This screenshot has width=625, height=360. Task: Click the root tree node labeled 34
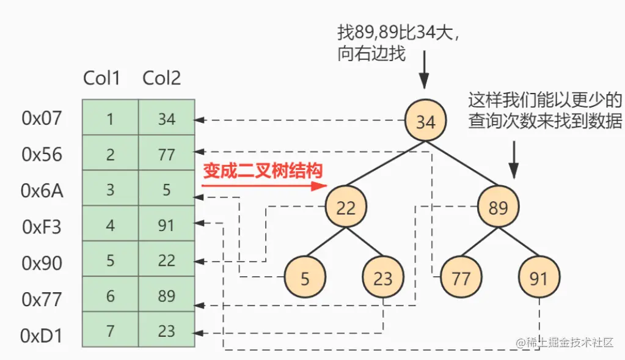click(425, 121)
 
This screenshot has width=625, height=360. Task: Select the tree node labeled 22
click(345, 207)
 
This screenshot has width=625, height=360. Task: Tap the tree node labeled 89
click(498, 207)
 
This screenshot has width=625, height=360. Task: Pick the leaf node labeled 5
click(305, 278)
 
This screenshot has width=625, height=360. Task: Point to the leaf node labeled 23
click(382, 278)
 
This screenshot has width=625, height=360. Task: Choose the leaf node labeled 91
click(538, 278)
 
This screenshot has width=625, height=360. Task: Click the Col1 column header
click(101, 78)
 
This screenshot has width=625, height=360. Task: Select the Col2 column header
click(162, 78)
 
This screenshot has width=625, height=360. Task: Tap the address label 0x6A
click(42, 191)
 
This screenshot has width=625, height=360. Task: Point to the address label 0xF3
click(42, 227)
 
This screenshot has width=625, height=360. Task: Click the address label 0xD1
click(42, 336)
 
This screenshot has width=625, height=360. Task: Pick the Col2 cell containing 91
click(166, 226)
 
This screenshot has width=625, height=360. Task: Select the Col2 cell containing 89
click(166, 296)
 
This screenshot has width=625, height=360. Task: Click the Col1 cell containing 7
click(110, 331)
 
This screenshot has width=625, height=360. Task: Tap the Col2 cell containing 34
click(166, 119)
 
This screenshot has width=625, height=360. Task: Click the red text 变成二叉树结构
click(262, 170)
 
